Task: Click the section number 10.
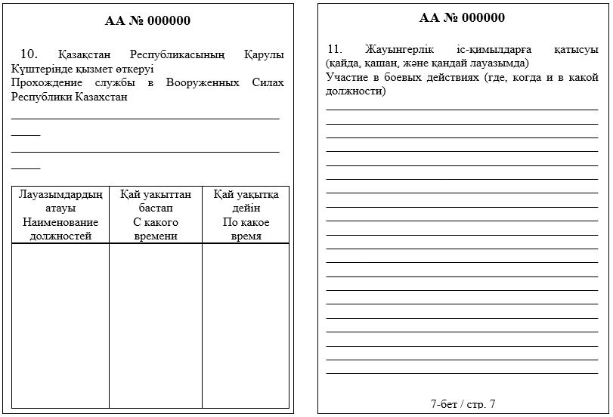click(x=29, y=54)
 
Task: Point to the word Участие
click(x=347, y=78)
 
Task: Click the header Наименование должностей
click(x=60, y=229)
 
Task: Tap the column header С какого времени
click(x=156, y=229)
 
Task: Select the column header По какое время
click(x=246, y=229)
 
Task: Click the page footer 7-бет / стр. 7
click(x=463, y=404)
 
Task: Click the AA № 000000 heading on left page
click(x=147, y=20)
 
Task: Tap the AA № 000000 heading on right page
click(x=462, y=17)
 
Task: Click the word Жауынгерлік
click(x=396, y=50)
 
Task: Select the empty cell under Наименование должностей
click(x=60, y=325)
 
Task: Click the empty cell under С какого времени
click(x=156, y=325)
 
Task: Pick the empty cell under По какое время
click(x=246, y=325)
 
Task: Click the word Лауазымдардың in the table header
click(x=60, y=194)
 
